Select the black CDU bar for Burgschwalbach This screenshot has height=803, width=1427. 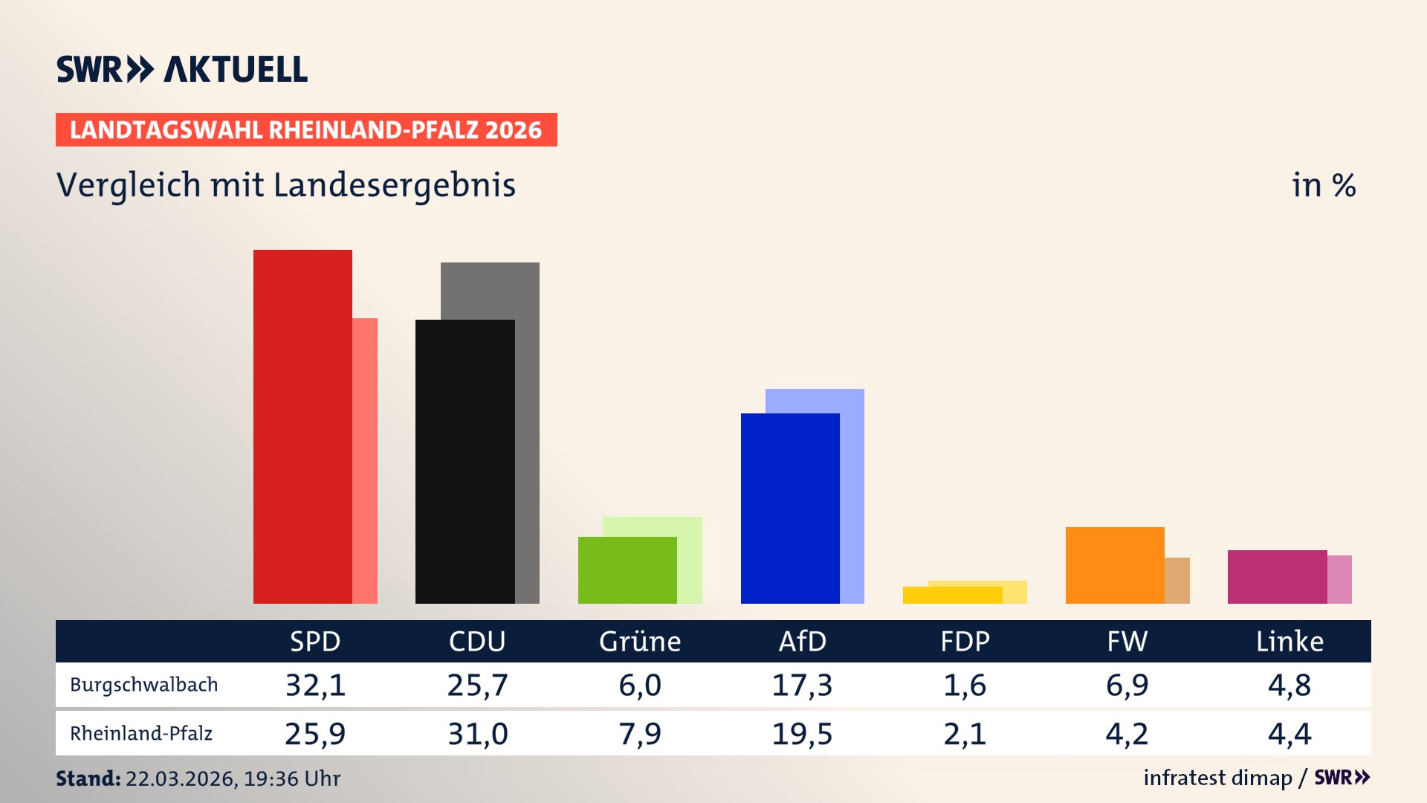coord(465,461)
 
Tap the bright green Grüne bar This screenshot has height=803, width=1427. coord(627,570)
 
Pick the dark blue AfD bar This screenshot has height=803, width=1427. coord(790,508)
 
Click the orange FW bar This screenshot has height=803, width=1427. coord(1115,565)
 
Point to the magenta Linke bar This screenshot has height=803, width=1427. coord(1277,576)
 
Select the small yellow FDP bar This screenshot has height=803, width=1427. coord(952,595)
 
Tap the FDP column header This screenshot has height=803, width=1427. coord(965,641)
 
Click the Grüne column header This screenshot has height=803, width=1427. coord(640,641)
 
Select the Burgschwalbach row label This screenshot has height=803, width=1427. coord(144,685)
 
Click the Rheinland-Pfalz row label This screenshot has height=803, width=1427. coord(141,734)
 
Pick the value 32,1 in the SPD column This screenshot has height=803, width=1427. coord(316,685)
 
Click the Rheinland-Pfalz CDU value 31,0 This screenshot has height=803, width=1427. coord(478,734)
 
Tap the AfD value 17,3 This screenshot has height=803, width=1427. coord(802,685)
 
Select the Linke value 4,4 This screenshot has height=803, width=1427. coord(1290,734)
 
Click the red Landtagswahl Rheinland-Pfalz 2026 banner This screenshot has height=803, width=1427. coord(306,130)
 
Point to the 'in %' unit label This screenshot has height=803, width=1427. coord(1323,185)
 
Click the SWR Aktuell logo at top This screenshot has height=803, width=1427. coord(182,69)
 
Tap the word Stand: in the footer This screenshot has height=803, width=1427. coord(88,778)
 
